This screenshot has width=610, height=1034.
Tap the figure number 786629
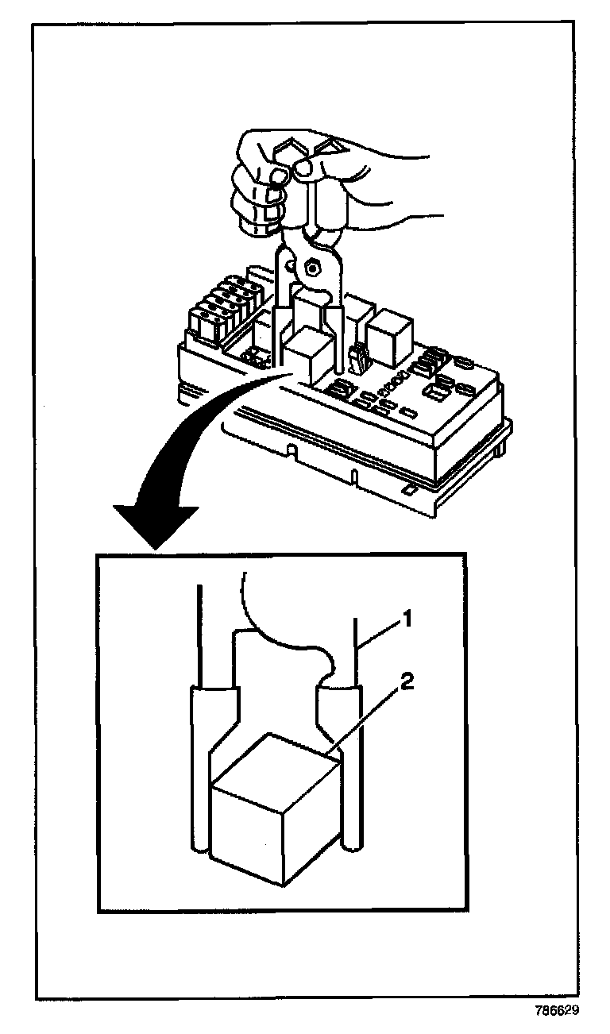tap(557, 1011)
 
